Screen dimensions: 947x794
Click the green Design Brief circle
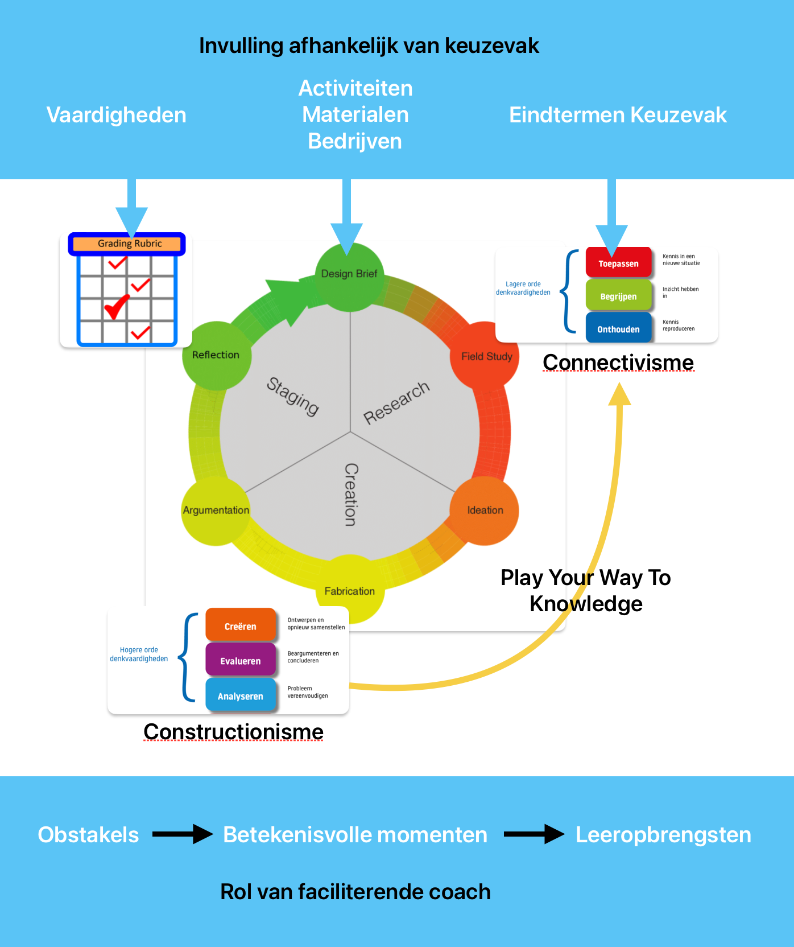[349, 277]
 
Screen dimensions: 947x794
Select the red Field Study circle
[485, 356]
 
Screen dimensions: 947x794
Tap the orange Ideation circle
[485, 510]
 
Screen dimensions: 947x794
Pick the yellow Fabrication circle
[349, 590]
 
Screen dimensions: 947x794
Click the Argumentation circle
[216, 510]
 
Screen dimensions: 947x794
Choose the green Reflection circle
[216, 355]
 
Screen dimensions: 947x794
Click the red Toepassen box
[618, 263]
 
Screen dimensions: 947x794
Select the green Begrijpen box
[618, 296]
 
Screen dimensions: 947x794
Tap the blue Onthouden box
[618, 328]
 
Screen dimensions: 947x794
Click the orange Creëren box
[240, 625]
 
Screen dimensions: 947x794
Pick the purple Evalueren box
[240, 660]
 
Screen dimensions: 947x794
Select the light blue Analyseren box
[240, 695]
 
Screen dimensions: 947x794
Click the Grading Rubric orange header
[129, 244]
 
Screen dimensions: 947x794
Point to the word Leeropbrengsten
[663, 835]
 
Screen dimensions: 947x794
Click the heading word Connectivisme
[618, 362]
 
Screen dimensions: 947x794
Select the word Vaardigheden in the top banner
[116, 115]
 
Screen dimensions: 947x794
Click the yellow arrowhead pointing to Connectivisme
[619, 394]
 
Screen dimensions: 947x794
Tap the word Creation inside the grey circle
[351, 494]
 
